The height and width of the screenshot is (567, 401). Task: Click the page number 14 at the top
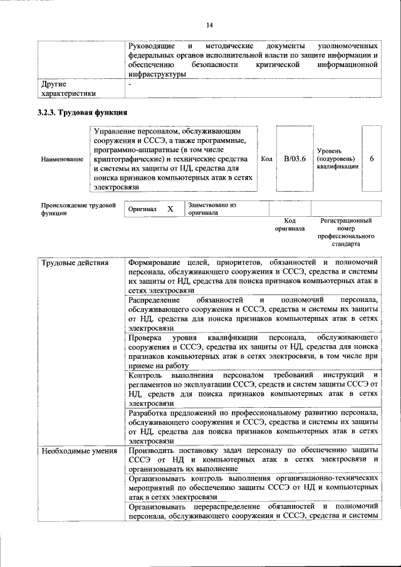tap(209, 25)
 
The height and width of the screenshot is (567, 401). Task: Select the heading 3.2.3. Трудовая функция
tap(83, 113)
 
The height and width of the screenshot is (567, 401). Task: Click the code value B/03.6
tap(294, 159)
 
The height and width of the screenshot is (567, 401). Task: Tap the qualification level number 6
tap(372, 159)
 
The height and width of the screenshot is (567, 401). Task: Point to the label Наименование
tap(62, 160)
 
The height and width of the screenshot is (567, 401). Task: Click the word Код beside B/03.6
tap(266, 159)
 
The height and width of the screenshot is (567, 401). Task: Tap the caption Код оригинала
tap(289, 225)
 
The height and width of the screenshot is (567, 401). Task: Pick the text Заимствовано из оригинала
tap(212, 209)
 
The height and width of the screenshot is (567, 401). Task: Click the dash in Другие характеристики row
tap(130, 83)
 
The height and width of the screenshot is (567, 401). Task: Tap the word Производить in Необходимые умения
tap(154, 450)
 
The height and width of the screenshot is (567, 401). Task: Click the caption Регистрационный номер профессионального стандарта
tap(346, 232)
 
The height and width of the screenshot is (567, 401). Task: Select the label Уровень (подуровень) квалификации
tap(338, 159)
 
